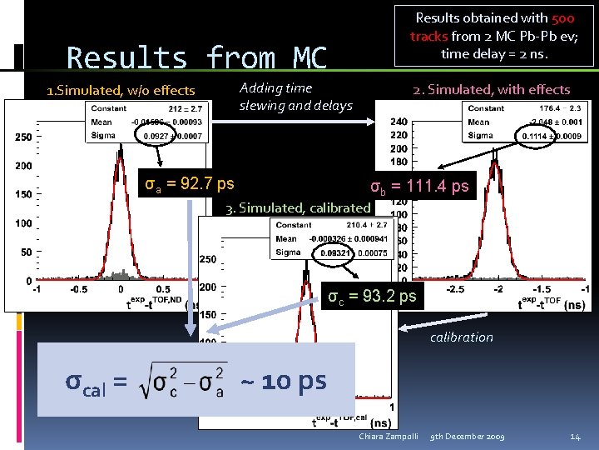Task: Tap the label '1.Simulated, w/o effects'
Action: click(121, 90)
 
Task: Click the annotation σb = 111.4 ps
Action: click(419, 187)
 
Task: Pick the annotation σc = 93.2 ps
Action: click(372, 295)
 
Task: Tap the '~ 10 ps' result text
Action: click(283, 382)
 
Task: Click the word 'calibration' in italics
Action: click(461, 337)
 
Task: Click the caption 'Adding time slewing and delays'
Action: click(295, 97)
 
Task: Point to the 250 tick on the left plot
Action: click(22, 136)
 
